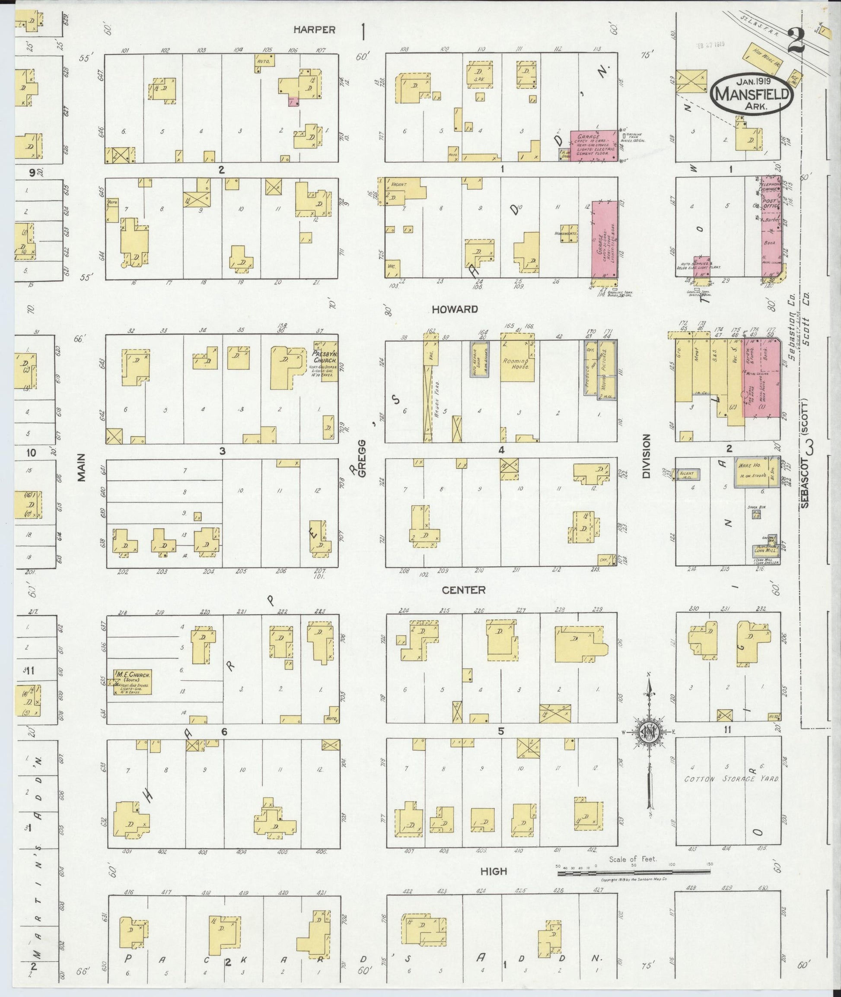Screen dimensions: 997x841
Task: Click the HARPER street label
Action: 314,29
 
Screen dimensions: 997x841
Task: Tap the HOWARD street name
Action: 454,309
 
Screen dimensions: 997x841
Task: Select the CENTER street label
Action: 463,590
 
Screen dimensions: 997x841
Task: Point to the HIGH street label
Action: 494,871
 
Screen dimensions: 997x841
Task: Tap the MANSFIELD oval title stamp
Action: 753,93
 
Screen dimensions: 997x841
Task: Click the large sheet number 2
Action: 796,42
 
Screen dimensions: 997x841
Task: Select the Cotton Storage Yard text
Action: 731,779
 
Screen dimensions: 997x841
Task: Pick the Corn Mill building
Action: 765,549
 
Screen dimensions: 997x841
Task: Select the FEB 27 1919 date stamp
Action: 710,44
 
